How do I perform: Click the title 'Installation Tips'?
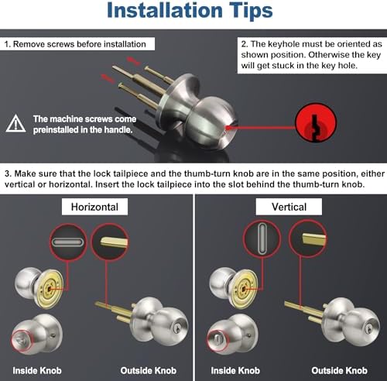(x=190, y=11)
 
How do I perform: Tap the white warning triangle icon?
(x=15, y=123)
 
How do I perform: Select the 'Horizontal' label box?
(x=95, y=207)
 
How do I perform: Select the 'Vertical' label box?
(x=289, y=207)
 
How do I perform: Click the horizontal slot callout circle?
(x=68, y=244)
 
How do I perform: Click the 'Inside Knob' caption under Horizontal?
(x=36, y=370)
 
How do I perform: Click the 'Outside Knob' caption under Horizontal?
(x=149, y=370)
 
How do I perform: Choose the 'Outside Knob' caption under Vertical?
(x=342, y=370)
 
